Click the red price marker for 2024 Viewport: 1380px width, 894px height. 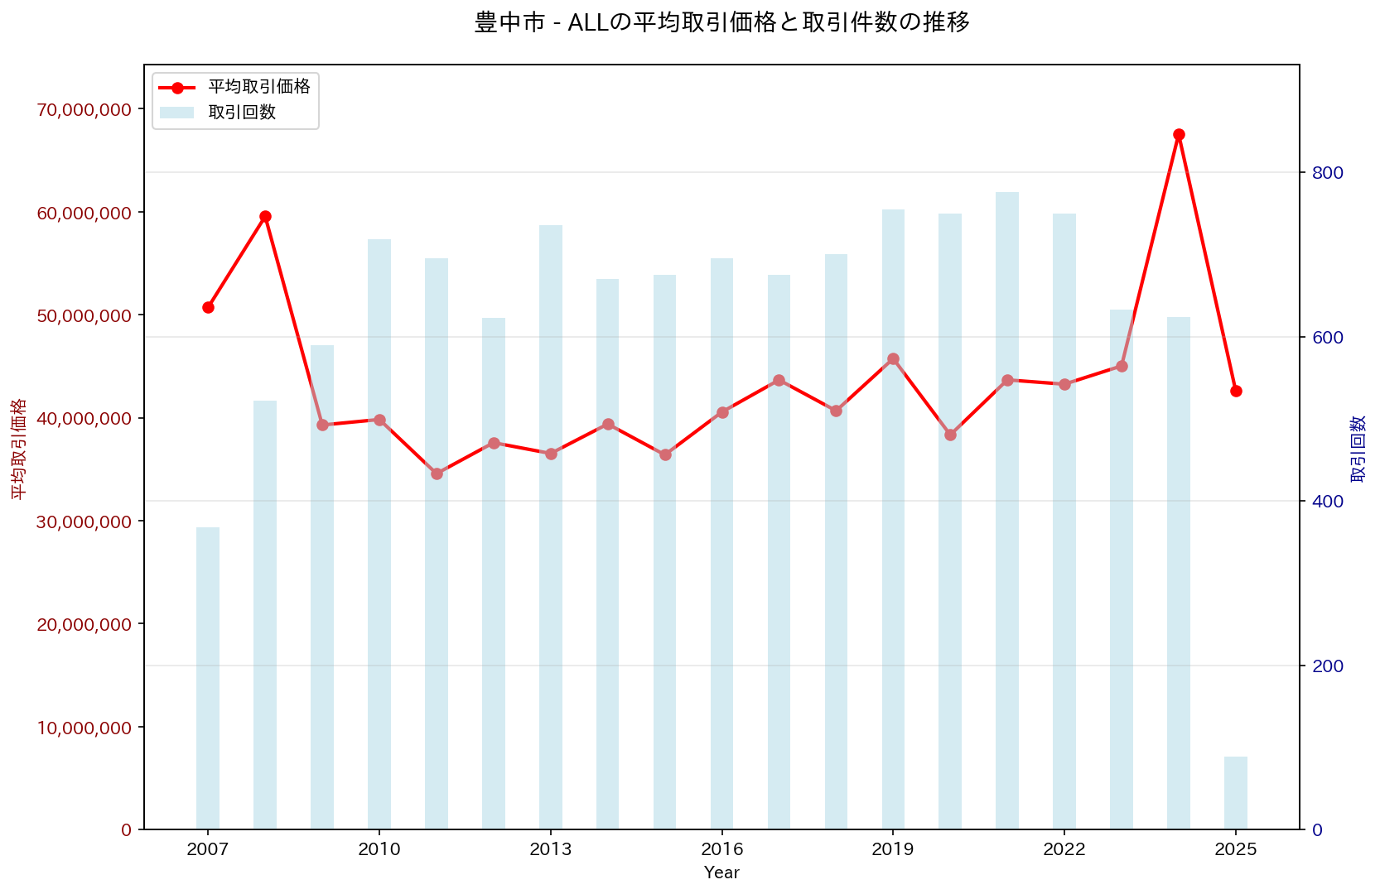[1179, 134]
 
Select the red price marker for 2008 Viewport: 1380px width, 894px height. [265, 216]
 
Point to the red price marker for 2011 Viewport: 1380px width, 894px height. [437, 473]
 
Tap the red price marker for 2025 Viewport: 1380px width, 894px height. [1236, 391]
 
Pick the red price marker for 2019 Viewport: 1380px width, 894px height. [893, 358]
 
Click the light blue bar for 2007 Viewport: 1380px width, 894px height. [208, 678]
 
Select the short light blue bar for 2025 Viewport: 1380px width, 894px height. [1236, 792]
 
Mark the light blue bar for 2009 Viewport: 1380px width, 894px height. [322, 587]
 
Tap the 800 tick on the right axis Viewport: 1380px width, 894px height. [1327, 172]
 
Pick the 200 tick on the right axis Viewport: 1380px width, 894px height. [1327, 666]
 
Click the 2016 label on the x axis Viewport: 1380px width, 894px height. [721, 849]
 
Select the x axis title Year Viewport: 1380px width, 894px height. [721, 872]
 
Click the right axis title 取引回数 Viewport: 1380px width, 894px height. [1358, 448]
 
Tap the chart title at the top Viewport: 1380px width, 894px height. [721, 22]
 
